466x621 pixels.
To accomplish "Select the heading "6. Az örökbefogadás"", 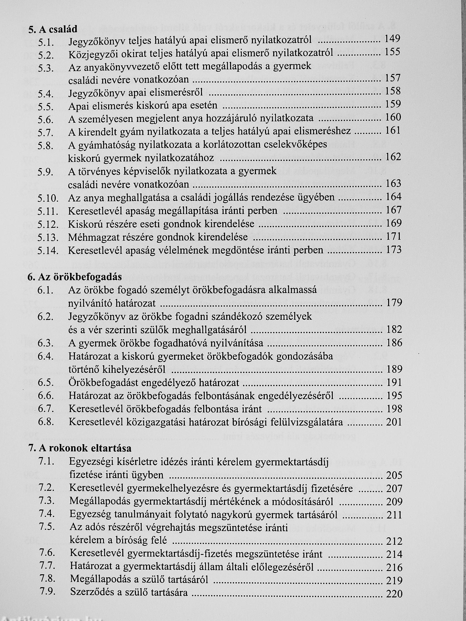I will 75,277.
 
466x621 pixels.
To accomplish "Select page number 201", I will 394,422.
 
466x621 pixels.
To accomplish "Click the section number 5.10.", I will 48,198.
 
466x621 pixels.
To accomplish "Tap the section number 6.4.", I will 45,356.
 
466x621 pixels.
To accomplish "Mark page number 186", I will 394,343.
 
